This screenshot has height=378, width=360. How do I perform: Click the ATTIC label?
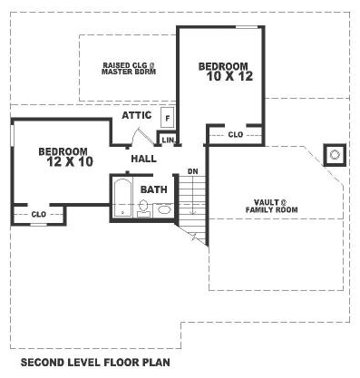click(136, 116)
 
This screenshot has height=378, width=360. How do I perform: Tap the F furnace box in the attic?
click(167, 117)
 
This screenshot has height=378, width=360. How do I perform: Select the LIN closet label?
click(167, 139)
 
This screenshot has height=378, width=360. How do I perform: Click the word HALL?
click(143, 159)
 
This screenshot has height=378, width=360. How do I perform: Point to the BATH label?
click(153, 189)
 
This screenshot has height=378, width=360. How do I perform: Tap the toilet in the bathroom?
click(145, 208)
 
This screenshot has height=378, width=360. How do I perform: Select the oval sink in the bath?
click(164, 209)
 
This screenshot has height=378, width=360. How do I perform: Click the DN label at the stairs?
click(192, 171)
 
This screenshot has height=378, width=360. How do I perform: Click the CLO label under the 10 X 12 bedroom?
click(235, 134)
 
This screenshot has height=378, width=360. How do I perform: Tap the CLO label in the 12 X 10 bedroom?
click(39, 214)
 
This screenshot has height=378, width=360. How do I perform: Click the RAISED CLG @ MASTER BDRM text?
click(129, 68)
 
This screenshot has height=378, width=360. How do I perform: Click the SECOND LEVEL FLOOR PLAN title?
click(101, 363)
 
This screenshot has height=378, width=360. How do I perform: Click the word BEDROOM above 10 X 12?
click(223, 65)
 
